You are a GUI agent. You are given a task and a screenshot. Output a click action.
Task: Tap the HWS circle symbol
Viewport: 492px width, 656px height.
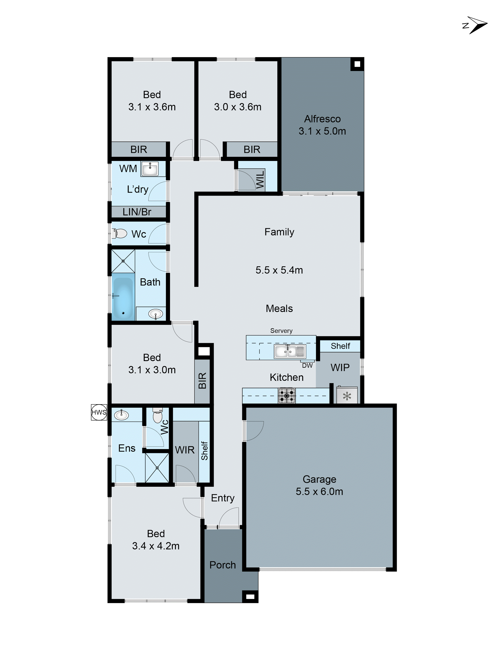(x=99, y=412)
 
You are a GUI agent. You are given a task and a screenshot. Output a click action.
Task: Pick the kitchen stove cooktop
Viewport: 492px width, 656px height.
(x=287, y=396)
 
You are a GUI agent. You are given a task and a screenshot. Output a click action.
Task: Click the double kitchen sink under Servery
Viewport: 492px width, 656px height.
(x=289, y=351)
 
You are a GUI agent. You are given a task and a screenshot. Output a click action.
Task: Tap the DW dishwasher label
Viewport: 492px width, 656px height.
(x=307, y=366)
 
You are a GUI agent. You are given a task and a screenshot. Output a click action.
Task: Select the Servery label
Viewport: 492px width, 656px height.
(x=281, y=331)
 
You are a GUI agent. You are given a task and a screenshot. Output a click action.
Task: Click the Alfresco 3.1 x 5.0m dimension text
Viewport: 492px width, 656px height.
(x=322, y=131)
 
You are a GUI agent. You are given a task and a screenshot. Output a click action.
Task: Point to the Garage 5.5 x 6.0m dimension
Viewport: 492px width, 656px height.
(x=319, y=491)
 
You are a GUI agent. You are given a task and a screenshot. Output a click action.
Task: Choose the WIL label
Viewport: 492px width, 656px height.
(x=260, y=179)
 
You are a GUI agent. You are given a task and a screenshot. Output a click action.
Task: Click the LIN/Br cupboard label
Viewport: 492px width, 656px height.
(x=137, y=212)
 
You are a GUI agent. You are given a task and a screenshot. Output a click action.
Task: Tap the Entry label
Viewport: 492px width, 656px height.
(x=222, y=498)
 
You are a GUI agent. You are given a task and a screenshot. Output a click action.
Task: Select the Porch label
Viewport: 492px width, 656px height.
(x=222, y=565)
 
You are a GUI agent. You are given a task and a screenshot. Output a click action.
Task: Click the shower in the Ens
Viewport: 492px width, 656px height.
(x=157, y=468)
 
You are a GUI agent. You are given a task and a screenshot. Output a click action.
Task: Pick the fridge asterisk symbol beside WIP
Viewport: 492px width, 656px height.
(x=347, y=396)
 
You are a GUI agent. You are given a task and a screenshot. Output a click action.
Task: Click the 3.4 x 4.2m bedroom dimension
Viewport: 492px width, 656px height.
(x=156, y=546)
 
